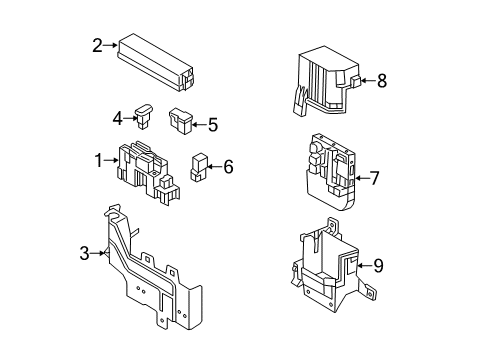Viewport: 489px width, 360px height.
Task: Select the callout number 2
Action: pos(98,44)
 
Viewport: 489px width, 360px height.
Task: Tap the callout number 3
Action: pos(84,254)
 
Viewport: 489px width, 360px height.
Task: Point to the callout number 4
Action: pos(118,119)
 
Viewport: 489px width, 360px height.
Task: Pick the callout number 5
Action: pos(212,126)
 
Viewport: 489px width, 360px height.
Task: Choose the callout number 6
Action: pos(227,167)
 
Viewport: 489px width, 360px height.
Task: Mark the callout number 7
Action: pos(375,180)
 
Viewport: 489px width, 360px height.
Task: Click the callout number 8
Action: pos(381,82)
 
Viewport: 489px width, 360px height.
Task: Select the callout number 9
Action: pos(378,266)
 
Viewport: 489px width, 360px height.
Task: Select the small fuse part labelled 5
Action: pos(182,121)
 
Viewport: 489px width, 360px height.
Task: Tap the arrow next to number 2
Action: pos(112,45)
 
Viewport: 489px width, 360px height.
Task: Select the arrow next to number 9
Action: pos(364,266)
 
